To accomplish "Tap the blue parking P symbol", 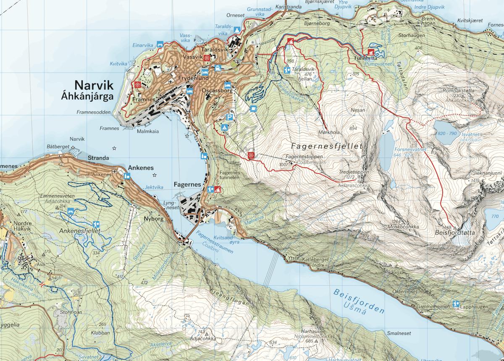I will [x=229, y=117].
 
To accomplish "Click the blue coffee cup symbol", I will [x=253, y=108].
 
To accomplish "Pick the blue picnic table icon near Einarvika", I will [x=160, y=44].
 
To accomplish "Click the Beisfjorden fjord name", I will [x=360, y=301].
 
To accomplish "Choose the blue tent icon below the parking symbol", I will [x=225, y=127].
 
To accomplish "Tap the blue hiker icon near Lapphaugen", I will [x=456, y=303].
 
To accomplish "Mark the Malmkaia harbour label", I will [x=148, y=131].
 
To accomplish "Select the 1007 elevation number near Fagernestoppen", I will [x=284, y=164].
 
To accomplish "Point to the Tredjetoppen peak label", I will [x=354, y=172].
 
